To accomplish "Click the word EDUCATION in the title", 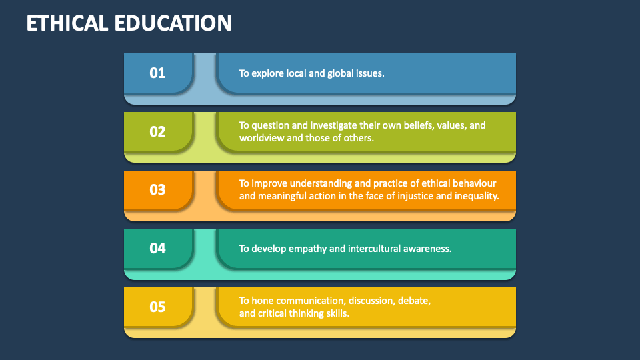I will point(175,23).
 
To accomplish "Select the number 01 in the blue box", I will point(157,73).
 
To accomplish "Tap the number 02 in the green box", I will point(157,131).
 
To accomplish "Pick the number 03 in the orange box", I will point(157,189).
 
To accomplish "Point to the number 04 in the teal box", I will point(157,248).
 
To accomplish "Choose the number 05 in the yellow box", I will point(157,307).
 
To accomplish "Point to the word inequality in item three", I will point(476,196).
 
